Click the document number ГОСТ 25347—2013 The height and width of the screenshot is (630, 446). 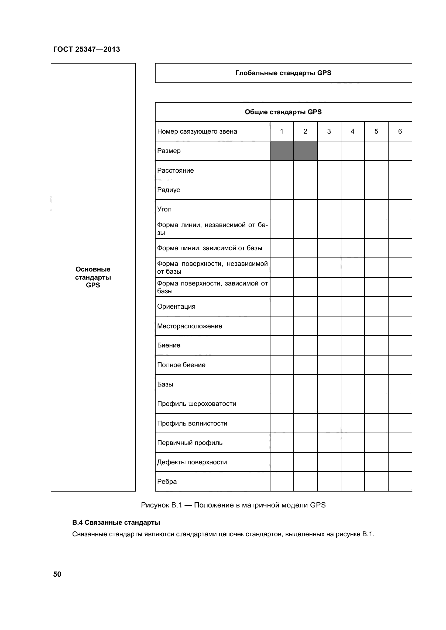(x=87, y=49)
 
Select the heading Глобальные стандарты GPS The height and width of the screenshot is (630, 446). (x=283, y=73)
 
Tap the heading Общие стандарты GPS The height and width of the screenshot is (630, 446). (x=283, y=112)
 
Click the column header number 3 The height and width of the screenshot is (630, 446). (x=329, y=131)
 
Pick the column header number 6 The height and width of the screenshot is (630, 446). (x=400, y=131)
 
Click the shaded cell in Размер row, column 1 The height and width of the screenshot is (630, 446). (x=282, y=151)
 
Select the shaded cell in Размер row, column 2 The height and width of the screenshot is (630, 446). (x=306, y=151)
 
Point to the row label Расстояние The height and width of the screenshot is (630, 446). (x=176, y=170)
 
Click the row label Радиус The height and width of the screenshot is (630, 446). (x=168, y=190)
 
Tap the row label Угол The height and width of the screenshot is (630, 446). (x=164, y=209)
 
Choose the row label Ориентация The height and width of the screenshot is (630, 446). (x=176, y=307)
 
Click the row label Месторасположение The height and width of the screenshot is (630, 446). (x=190, y=326)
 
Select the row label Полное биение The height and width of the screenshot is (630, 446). (x=181, y=365)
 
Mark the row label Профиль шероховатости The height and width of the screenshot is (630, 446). (x=197, y=404)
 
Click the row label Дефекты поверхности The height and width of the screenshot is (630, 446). (x=192, y=462)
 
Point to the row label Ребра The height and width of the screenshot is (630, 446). (x=167, y=482)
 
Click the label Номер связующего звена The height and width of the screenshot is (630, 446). (x=197, y=131)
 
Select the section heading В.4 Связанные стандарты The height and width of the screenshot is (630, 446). (x=116, y=523)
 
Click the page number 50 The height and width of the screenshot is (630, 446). (x=57, y=574)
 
